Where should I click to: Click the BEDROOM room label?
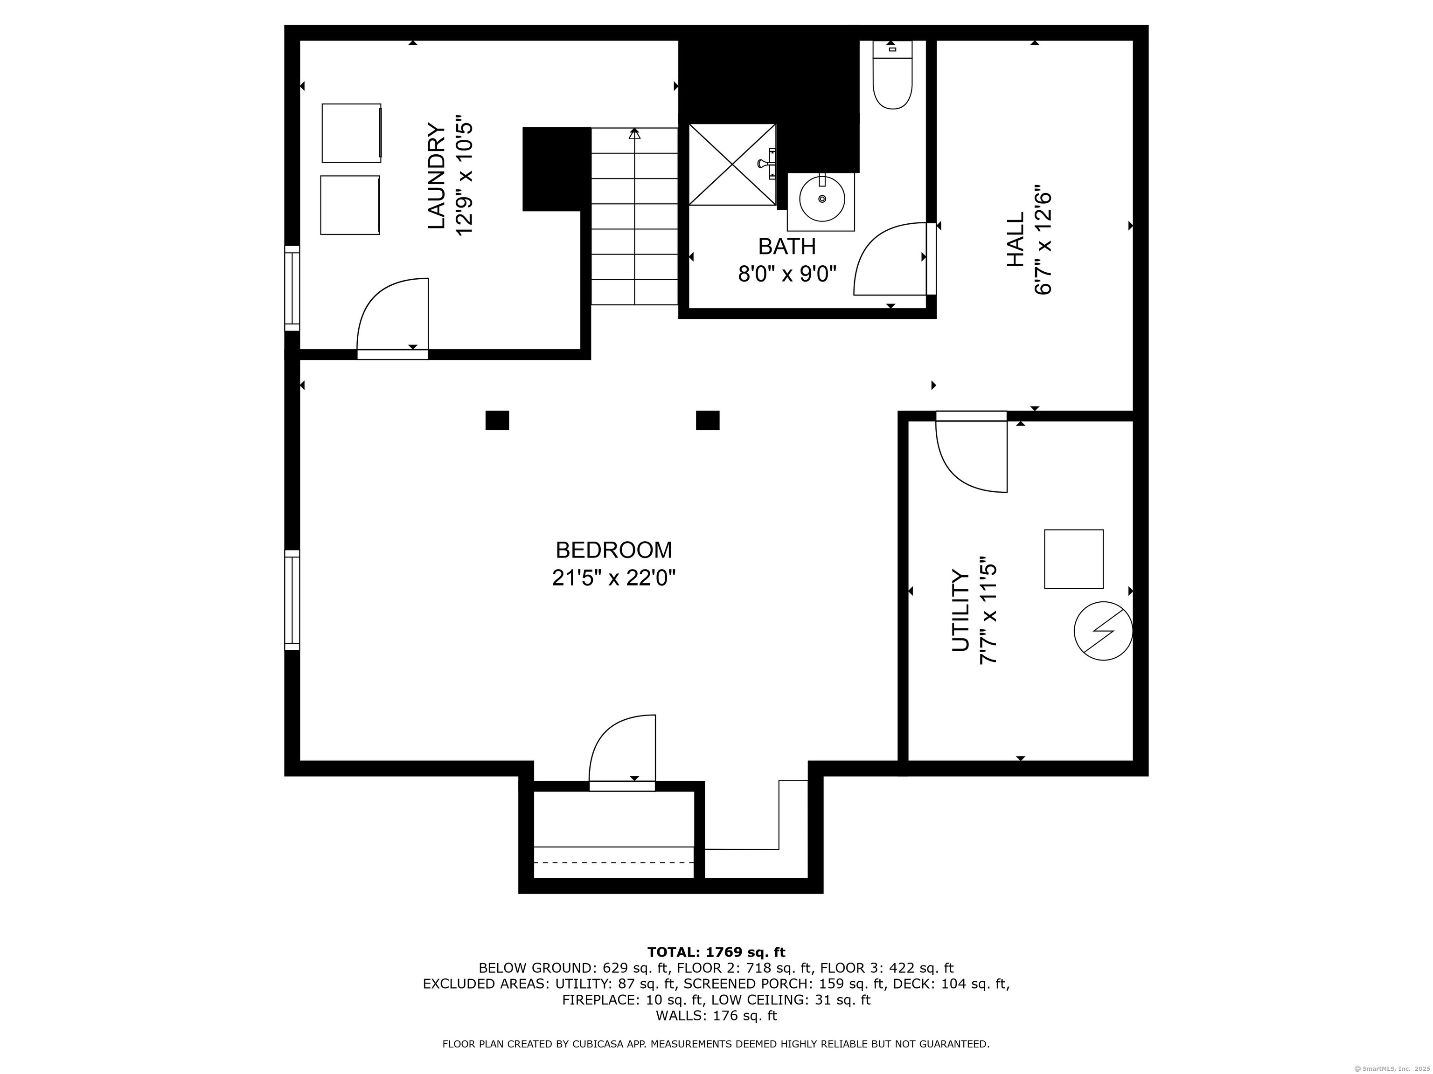[613, 550]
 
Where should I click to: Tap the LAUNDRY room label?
[437, 176]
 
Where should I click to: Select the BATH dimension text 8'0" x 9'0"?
[787, 274]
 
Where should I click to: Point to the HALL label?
[1015, 240]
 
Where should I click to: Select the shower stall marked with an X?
[731, 165]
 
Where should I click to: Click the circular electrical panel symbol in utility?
[1103, 631]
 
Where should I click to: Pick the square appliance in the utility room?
[1073, 559]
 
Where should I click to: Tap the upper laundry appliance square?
[352, 133]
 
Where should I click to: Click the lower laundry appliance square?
[350, 205]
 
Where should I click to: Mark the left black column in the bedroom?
[497, 420]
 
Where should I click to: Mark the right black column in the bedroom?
[708, 420]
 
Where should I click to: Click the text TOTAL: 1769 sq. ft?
[716, 952]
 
